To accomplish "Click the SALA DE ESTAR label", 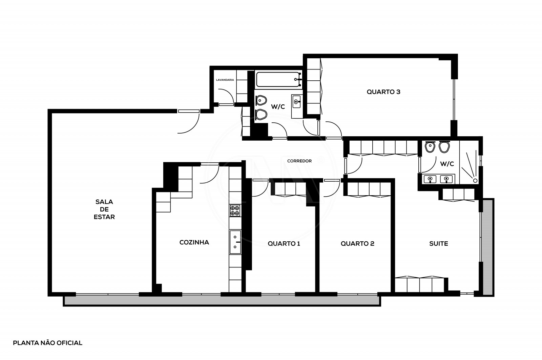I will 104,209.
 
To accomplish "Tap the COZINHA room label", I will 194,242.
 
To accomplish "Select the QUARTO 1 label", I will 284,243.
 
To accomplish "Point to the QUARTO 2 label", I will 357,243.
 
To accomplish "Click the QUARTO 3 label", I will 383,92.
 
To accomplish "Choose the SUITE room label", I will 438,243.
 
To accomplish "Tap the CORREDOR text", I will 299,161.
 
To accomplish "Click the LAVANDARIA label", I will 225,80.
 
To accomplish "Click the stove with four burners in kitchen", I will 235,211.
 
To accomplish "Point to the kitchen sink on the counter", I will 235,242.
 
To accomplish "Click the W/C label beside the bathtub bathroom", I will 278,106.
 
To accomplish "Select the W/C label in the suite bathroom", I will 446,164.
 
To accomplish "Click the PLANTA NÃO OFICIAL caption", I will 47,343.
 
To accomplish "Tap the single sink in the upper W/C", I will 296,101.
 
